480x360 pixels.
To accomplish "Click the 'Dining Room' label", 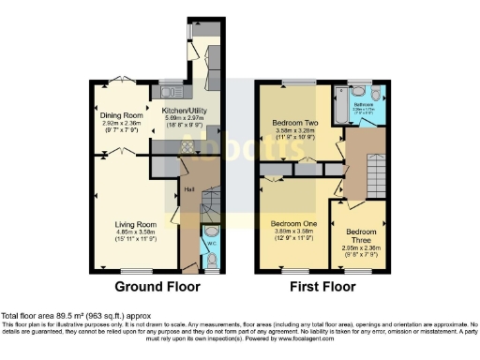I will pos(122,114).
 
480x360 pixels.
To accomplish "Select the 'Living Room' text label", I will pos(135,225).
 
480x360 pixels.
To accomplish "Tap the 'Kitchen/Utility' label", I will pos(183,111).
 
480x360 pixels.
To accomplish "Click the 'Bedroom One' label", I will pos(294,225).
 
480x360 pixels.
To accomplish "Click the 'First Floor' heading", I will pos(318,286).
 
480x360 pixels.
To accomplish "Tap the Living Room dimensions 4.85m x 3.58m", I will pos(135,235).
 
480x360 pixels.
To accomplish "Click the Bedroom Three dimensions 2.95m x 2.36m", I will pos(360,248).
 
